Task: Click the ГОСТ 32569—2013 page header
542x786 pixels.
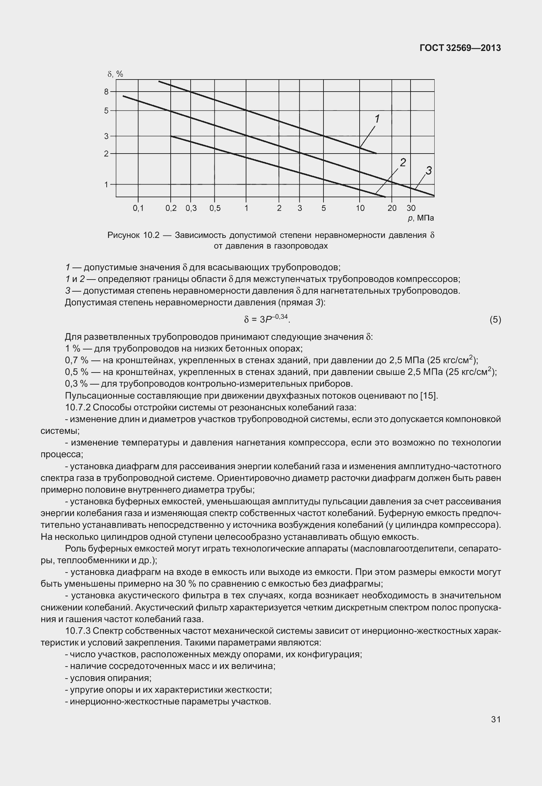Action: coord(460,48)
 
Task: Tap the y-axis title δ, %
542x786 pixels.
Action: coord(115,74)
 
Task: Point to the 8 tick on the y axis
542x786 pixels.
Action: coord(106,92)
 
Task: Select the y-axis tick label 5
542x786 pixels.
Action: coord(106,111)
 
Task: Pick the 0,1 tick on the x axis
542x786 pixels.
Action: coord(138,208)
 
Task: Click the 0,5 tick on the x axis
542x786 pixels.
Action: coord(215,208)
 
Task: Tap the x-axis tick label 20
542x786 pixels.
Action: coord(392,208)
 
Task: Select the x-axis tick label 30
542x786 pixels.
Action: coord(411,208)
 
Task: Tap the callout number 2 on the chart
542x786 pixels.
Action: coord(403,163)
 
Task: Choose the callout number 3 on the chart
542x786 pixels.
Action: coord(428,170)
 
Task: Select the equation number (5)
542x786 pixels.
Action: coord(495,320)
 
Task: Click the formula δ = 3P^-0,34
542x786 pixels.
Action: coord(267,319)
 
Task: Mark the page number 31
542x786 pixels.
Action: coord(496,720)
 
